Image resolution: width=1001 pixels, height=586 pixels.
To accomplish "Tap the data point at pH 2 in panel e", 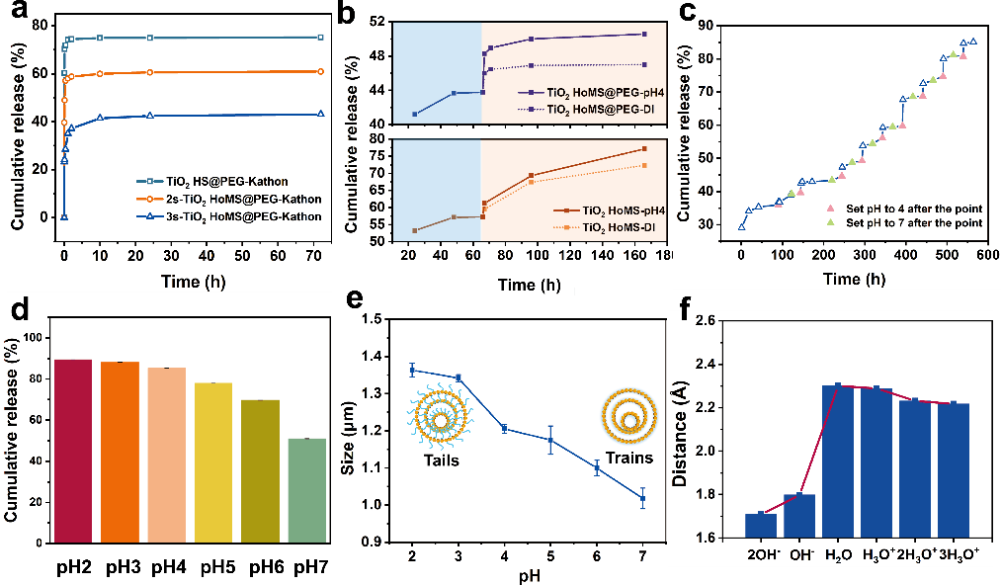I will [412, 370].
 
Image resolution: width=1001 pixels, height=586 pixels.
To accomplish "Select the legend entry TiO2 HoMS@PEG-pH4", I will [583, 92].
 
